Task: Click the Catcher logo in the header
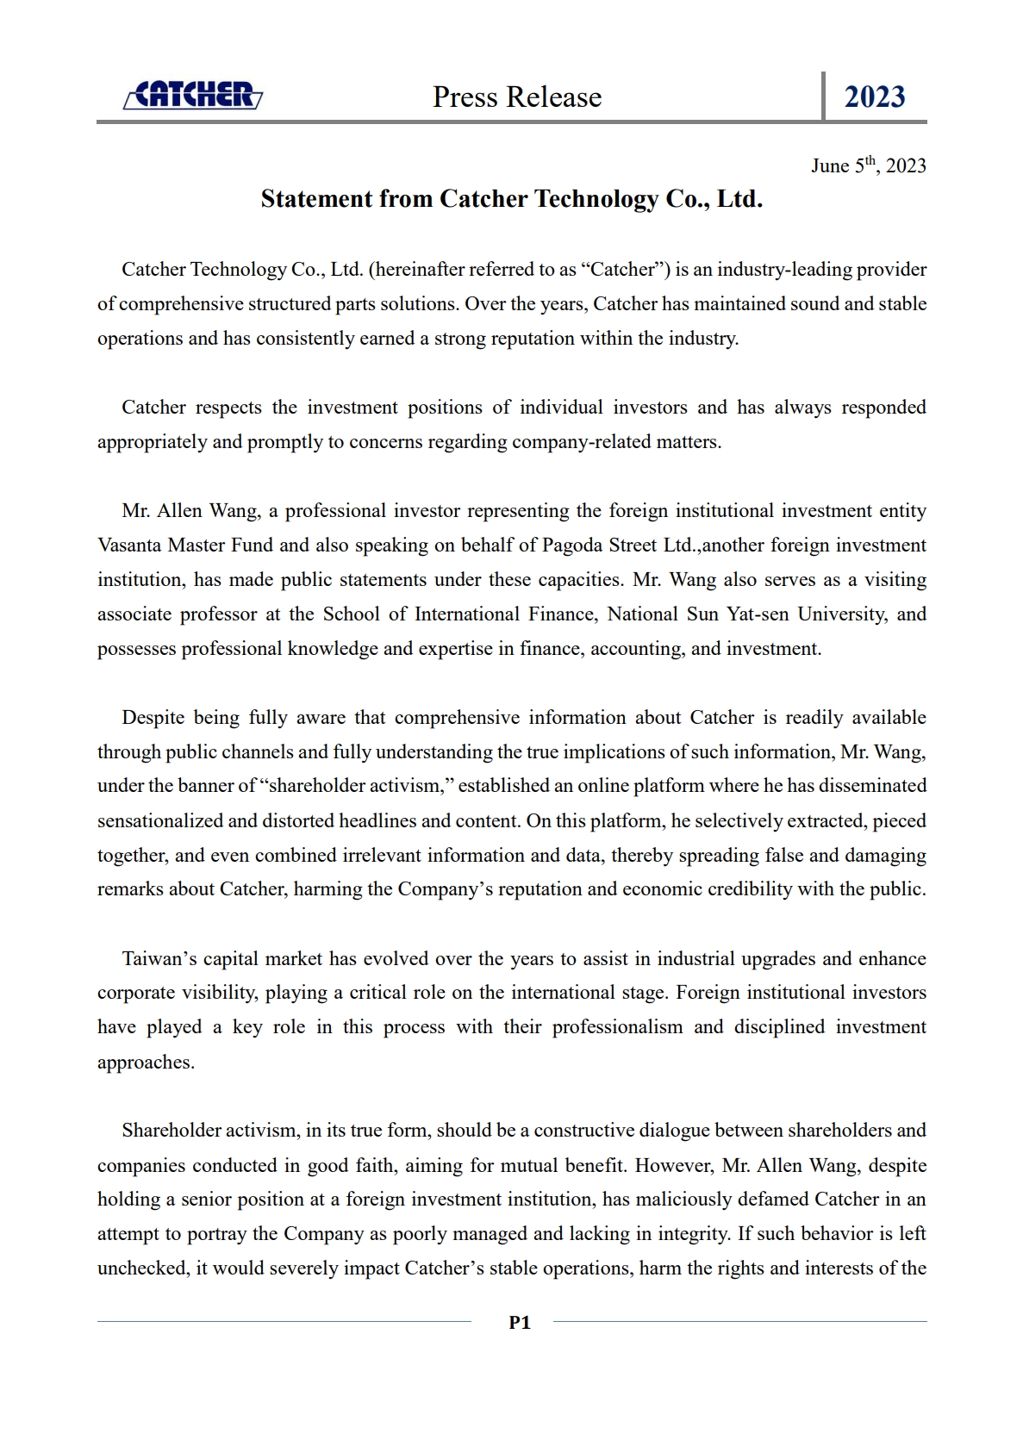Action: click(193, 95)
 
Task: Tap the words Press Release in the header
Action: click(517, 97)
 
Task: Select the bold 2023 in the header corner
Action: click(874, 97)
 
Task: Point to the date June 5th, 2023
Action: click(868, 165)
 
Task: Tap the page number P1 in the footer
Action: click(520, 1323)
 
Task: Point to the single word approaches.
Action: click(145, 1063)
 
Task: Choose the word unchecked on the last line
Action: click(142, 1268)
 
